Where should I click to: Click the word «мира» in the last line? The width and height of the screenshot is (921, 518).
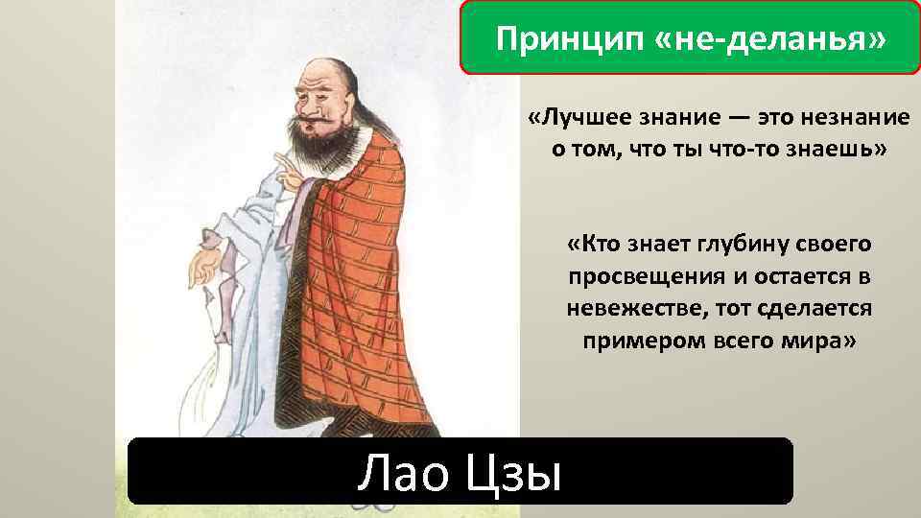(816, 342)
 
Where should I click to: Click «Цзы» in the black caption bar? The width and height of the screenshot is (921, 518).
(513, 472)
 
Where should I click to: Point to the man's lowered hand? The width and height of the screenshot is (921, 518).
(204, 266)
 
